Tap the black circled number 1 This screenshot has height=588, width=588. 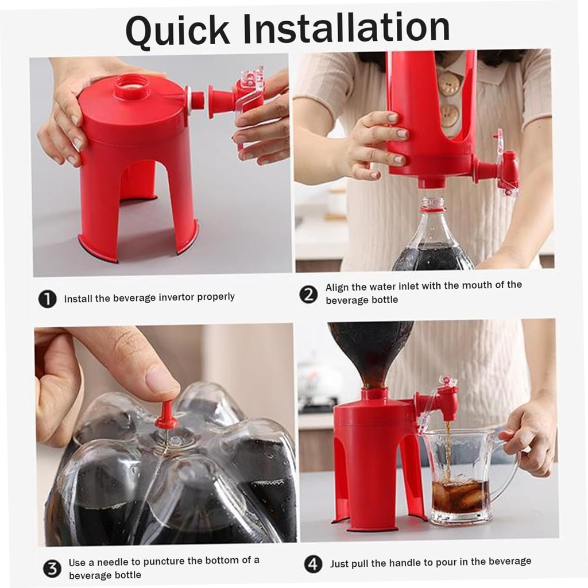point(47,299)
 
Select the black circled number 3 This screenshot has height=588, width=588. point(52,568)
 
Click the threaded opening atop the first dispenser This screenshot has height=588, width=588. point(131,87)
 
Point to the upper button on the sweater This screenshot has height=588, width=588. point(449,84)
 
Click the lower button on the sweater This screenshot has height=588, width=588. point(449,115)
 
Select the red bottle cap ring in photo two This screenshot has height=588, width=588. point(433,209)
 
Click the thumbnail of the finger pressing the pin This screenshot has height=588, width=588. point(162,380)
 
